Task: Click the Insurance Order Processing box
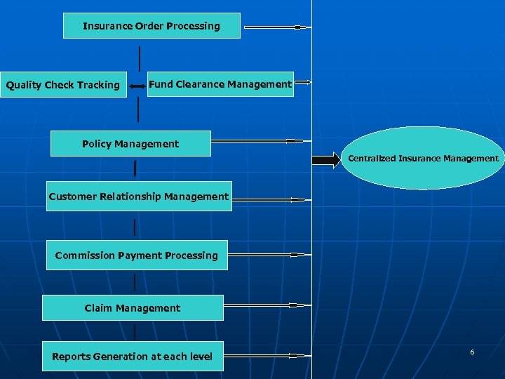[151, 26]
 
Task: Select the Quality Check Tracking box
[63, 85]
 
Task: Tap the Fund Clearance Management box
[220, 84]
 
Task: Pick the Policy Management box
[130, 144]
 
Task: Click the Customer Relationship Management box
[139, 197]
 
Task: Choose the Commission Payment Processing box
[137, 255]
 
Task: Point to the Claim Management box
[133, 308]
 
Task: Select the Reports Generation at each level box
[132, 357]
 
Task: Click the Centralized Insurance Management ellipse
[423, 159]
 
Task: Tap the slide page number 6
[472, 352]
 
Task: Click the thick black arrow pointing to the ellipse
[325, 160]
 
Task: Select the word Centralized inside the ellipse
[372, 159]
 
